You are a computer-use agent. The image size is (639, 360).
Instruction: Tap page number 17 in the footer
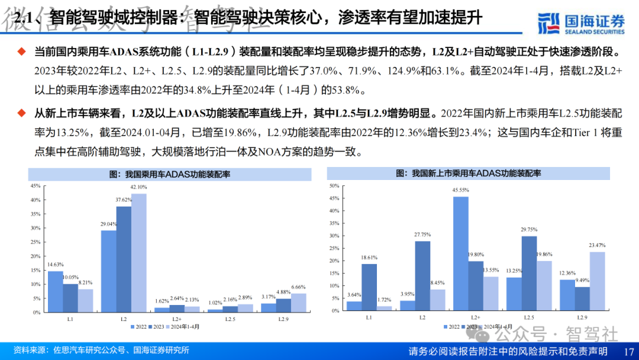tap(628, 351)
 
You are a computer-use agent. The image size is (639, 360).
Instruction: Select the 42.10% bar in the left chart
tap(138, 252)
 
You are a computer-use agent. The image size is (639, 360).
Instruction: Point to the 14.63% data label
tap(55, 265)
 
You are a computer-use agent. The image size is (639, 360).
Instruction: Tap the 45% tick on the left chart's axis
tap(35, 185)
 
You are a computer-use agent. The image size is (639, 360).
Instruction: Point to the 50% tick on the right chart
tap(333, 185)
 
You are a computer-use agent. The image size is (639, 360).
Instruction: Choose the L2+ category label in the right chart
tap(476, 318)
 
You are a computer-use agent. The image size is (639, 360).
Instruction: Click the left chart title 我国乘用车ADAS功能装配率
tap(170, 174)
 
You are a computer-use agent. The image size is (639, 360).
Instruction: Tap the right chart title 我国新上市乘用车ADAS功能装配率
tap(468, 173)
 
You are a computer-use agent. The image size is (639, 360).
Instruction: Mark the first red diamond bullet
tap(22, 52)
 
